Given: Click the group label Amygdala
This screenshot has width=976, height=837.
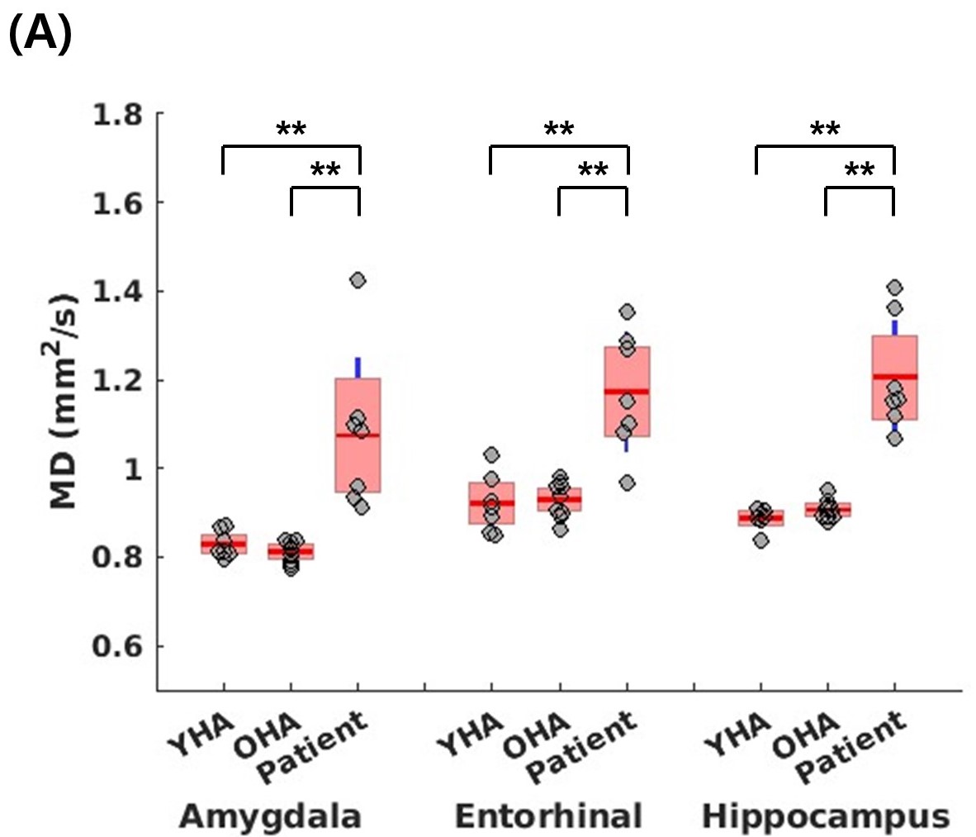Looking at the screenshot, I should (271, 816).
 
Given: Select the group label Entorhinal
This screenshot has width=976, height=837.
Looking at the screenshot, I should (548, 816).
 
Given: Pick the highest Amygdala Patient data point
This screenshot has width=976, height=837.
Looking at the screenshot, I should (358, 280).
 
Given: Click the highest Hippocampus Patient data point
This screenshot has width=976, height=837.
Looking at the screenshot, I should (894, 288).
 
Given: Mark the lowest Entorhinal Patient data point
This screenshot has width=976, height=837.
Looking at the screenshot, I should (628, 483).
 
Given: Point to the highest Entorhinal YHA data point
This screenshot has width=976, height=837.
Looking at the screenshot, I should (491, 454).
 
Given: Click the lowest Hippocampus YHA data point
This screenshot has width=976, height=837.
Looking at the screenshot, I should (760, 540).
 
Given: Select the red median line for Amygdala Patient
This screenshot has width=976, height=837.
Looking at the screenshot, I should (358, 435).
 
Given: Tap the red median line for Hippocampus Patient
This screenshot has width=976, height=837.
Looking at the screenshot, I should (894, 377).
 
